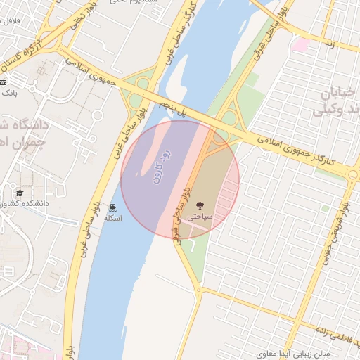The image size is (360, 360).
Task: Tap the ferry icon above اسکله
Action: point(112,206)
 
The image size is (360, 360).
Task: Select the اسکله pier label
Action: point(112,218)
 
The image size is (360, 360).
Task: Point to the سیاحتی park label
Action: point(202,218)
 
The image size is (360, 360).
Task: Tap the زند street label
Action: point(328,44)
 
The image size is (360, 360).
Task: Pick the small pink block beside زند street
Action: point(301,44)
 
